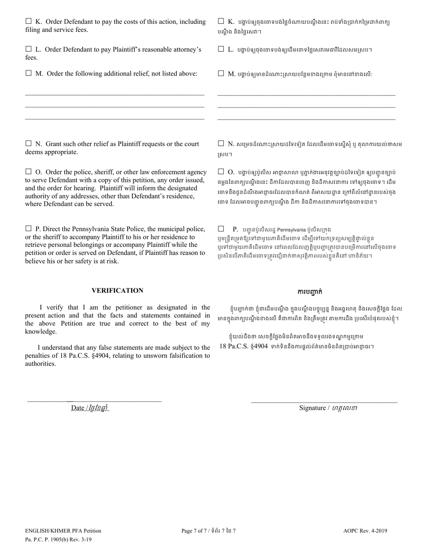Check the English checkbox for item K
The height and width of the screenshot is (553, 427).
tap(28, 21)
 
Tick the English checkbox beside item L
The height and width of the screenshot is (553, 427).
tap(28, 49)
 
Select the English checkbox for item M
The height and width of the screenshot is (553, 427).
tap(28, 73)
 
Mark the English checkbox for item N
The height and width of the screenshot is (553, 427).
tap(28, 143)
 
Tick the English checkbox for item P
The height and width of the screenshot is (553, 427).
tap(28, 228)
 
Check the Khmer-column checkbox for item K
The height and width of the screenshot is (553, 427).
tap(221, 21)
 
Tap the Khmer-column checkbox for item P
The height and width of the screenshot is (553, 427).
tap(221, 228)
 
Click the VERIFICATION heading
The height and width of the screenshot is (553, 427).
tap(117, 290)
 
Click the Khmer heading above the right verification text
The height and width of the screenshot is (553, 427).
tap(310, 291)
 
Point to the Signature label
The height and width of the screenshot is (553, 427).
tap(328, 408)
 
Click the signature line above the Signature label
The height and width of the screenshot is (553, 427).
tap(324, 402)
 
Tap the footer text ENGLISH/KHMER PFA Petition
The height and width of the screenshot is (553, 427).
tap(63, 531)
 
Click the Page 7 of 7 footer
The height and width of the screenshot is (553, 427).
tap(209, 531)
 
